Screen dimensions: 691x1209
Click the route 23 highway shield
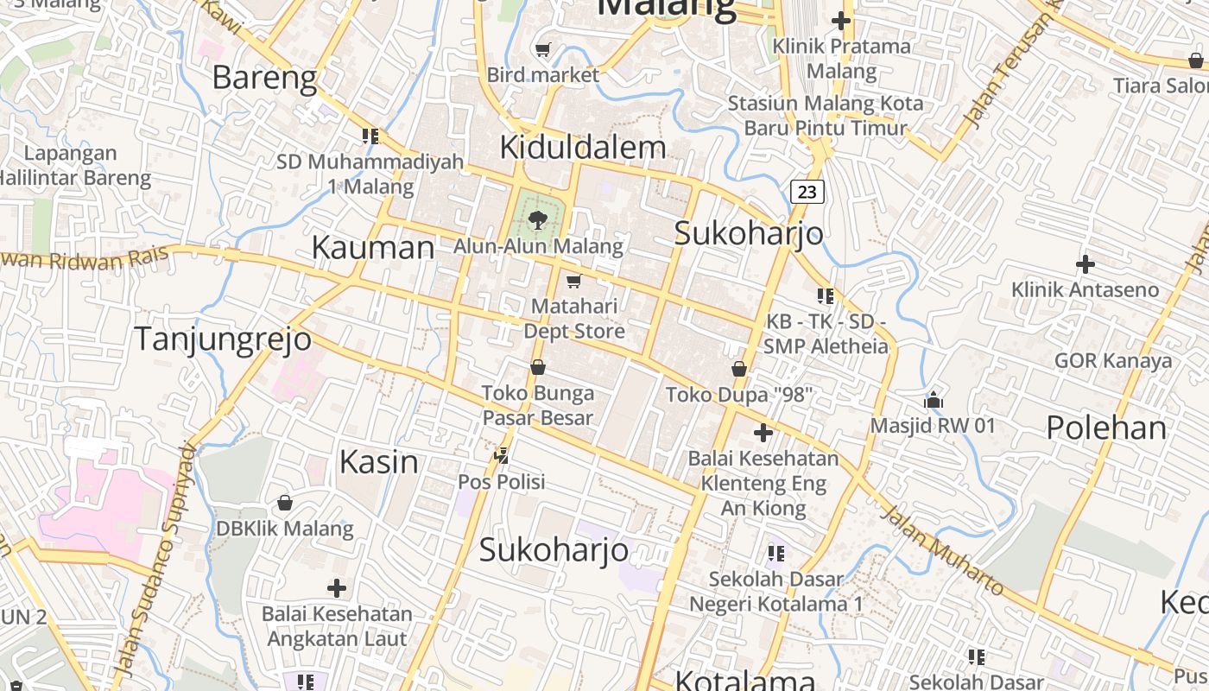pyautogui.click(x=807, y=192)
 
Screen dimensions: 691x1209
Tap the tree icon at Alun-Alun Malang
pyautogui.click(x=538, y=219)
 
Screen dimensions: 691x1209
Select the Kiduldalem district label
pyautogui.click(x=583, y=147)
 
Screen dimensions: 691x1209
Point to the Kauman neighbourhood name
pyautogui.click(x=372, y=248)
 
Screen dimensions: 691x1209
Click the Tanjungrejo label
pyautogui.click(x=222, y=339)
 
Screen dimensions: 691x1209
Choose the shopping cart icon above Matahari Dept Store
pyautogui.click(x=573, y=281)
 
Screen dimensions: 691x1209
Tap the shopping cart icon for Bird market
pyautogui.click(x=543, y=50)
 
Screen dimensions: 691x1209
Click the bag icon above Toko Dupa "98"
pyautogui.click(x=739, y=369)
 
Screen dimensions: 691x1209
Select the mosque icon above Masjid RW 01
pyautogui.click(x=933, y=400)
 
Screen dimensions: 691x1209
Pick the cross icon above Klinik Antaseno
pyautogui.click(x=1085, y=263)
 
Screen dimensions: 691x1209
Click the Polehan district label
pyautogui.click(x=1106, y=428)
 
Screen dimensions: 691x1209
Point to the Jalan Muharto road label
pyautogui.click(x=943, y=551)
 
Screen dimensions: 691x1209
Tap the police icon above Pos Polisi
pyautogui.click(x=502, y=454)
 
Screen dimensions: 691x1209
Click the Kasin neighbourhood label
pyautogui.click(x=378, y=462)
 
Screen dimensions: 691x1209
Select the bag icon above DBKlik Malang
pyautogui.click(x=285, y=502)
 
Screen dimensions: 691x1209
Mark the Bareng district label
pyautogui.click(x=264, y=78)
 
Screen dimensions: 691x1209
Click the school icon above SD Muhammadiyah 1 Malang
pyautogui.click(x=370, y=136)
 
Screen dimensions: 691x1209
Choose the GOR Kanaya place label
pyautogui.click(x=1113, y=361)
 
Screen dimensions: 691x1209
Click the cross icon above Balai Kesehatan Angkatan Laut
pyautogui.click(x=337, y=588)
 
